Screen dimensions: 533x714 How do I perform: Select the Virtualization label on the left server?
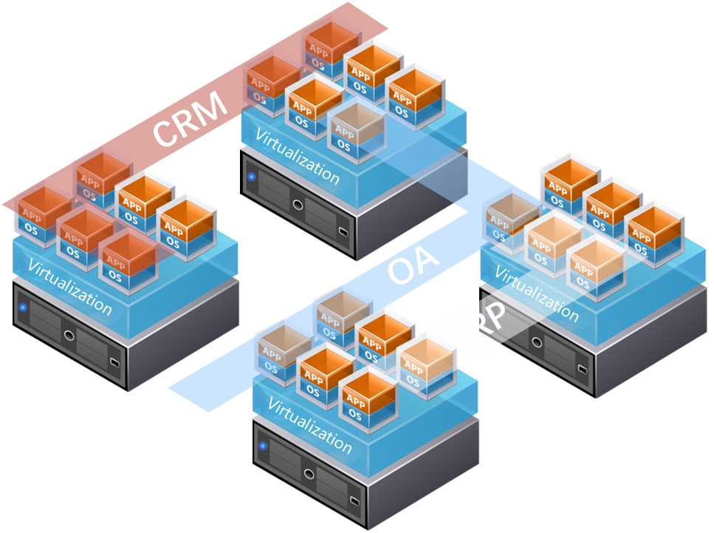69,287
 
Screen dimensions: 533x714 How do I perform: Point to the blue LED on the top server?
252,177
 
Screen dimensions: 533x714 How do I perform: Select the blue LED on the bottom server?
264,446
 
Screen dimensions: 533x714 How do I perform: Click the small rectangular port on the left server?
114,362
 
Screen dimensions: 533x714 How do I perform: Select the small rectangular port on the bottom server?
355,502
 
